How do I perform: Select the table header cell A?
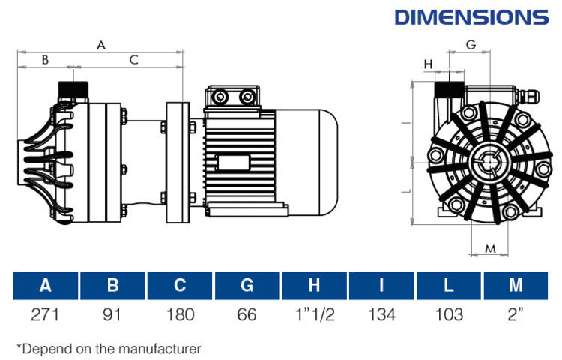coord(46,285)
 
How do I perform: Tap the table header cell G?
coord(247,285)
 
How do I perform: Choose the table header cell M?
coord(515,285)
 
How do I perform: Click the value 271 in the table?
coord(46,314)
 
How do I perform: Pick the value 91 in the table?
coord(113,314)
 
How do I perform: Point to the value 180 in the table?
coord(180,314)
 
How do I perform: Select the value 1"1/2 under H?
coord(314,314)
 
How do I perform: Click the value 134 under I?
coord(381,314)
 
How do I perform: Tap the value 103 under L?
coord(449,314)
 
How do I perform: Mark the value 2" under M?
coord(515,314)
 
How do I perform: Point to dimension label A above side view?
coord(100,45)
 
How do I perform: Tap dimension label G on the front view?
coord(471,45)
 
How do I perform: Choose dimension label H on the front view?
coord(429,64)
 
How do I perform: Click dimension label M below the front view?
coord(491,248)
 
